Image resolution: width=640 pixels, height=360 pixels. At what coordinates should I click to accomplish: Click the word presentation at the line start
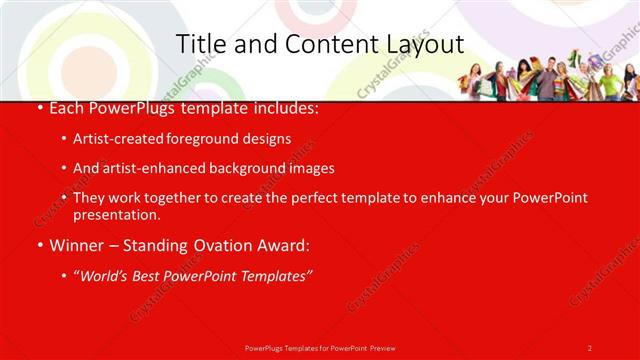[x=116, y=215]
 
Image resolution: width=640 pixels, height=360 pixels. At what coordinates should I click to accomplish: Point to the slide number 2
[x=589, y=348]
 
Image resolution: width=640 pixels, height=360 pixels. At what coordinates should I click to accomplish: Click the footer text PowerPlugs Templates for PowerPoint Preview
[x=319, y=348]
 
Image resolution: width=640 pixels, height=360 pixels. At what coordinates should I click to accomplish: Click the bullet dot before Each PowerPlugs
[x=39, y=108]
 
